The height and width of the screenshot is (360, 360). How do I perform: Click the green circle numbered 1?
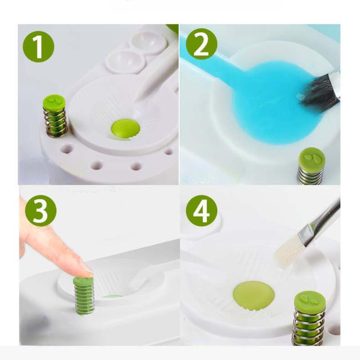point(39,46)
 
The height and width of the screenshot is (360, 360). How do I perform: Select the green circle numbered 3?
point(41,211)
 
